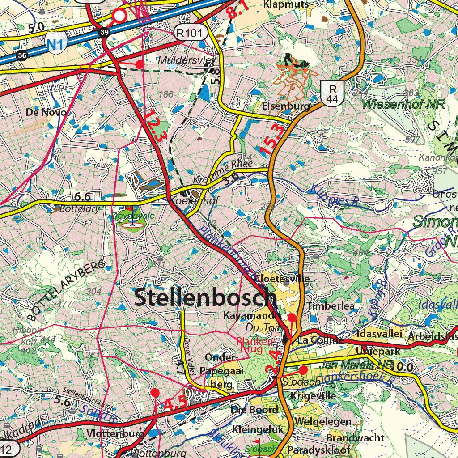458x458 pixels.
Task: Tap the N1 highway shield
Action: [56, 42]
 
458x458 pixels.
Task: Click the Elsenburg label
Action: [286, 106]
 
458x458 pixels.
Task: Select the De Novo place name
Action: [46, 112]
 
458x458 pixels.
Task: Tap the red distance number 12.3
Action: [153, 127]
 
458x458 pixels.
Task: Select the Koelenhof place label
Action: [194, 201]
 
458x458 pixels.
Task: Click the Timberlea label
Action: [331, 306]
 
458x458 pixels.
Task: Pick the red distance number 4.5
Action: [175, 403]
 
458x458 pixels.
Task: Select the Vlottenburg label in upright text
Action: [116, 433]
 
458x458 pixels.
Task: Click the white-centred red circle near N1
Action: [119, 16]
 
